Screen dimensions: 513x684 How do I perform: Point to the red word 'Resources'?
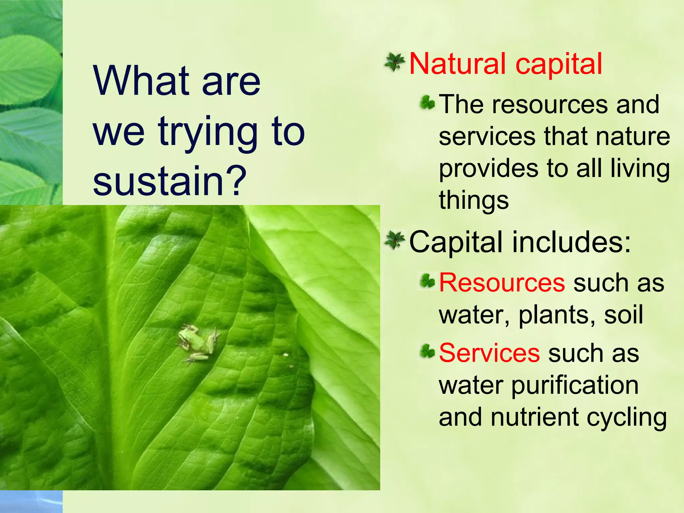pyautogui.click(x=502, y=283)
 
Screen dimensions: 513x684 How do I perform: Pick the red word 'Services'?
pyautogui.click(x=489, y=353)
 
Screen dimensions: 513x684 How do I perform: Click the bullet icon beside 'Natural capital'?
pyautogui.click(x=395, y=62)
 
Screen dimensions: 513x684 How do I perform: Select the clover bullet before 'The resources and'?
pyautogui.click(x=427, y=103)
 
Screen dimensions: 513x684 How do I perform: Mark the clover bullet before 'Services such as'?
pyautogui.click(x=427, y=351)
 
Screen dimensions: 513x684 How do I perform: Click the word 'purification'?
pyautogui.click(x=575, y=386)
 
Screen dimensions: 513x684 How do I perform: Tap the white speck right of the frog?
pyautogui.click(x=286, y=355)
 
